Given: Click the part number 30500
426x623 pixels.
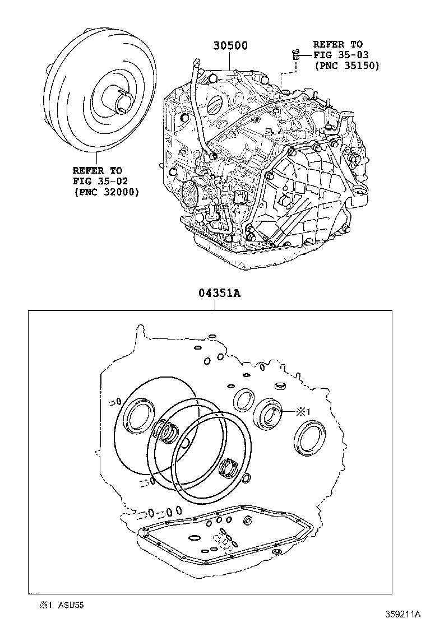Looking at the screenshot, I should [230, 45].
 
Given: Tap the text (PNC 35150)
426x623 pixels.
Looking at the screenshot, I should [346, 66].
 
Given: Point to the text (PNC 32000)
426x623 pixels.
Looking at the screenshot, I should [106, 192].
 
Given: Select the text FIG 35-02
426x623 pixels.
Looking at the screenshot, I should [96, 180].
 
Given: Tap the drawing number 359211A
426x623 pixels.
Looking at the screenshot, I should [402, 613].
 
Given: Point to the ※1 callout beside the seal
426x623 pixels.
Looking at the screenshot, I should [303, 412].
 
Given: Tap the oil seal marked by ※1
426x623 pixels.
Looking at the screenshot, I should [271, 415].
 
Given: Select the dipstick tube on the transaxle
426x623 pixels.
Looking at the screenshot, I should [196, 106].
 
